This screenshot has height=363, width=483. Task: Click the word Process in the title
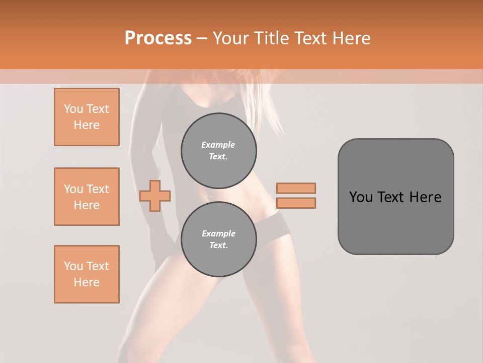pyautogui.click(x=158, y=38)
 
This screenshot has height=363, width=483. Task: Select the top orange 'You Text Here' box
pyautogui.click(x=87, y=117)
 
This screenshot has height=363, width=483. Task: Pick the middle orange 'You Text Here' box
pyautogui.click(x=87, y=197)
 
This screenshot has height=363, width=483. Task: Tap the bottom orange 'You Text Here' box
pyautogui.click(x=87, y=274)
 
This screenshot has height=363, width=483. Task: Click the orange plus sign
pyautogui.click(x=155, y=196)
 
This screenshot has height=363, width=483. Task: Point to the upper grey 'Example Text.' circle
pyautogui.click(x=218, y=151)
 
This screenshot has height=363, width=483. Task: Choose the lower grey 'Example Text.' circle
pyautogui.click(x=218, y=239)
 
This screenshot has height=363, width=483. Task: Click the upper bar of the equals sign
pyautogui.click(x=296, y=188)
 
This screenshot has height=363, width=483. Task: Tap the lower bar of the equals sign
pyautogui.click(x=296, y=203)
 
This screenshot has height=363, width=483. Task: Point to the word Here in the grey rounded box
pyautogui.click(x=425, y=197)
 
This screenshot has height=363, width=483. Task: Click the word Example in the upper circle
pyautogui.click(x=218, y=145)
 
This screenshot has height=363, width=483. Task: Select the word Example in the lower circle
pyautogui.click(x=218, y=233)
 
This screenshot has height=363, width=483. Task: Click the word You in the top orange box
pyautogui.click(x=73, y=109)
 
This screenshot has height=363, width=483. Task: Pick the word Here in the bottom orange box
pyautogui.click(x=87, y=282)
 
